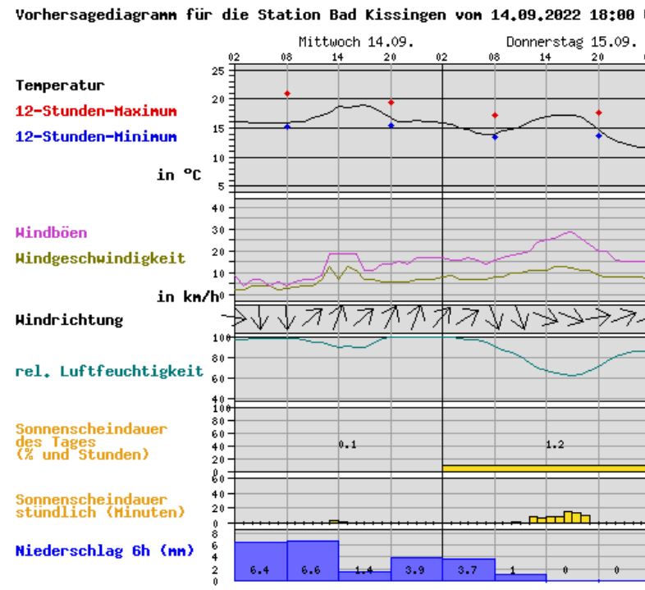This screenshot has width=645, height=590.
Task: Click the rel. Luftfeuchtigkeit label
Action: point(109,372)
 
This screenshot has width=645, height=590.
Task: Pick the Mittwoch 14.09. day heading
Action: point(339,41)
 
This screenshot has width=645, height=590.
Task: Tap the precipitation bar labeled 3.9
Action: point(416,568)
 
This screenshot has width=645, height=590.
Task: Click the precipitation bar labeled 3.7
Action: point(468,569)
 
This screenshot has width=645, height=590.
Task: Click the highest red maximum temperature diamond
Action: point(287,94)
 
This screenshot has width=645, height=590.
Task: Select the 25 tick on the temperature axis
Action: point(217,71)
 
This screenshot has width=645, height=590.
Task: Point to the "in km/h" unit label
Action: point(188,296)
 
